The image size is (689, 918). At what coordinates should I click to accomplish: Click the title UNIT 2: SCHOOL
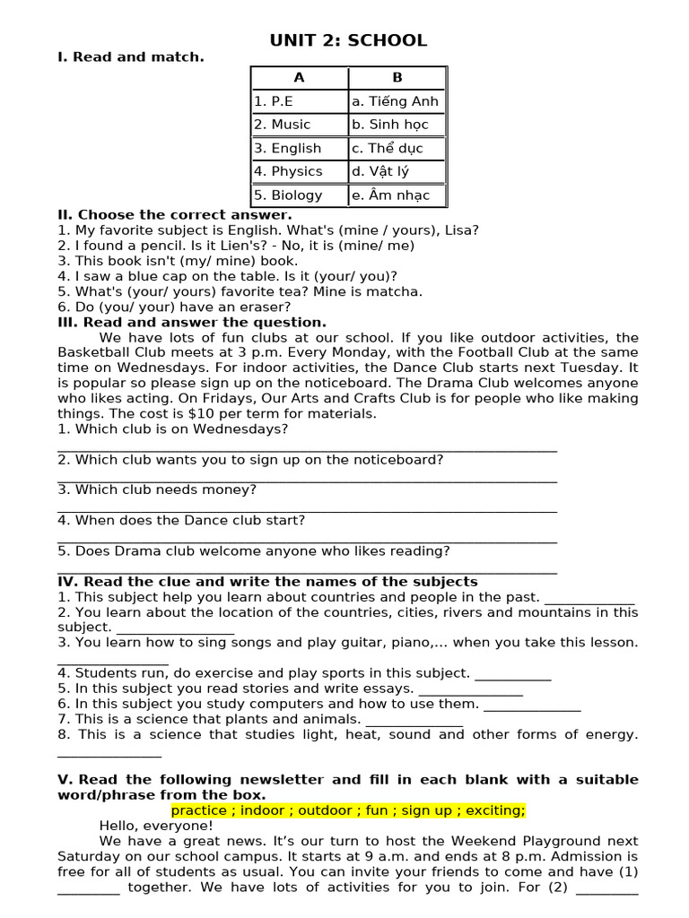[348, 40]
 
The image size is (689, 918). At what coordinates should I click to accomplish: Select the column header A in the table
[299, 78]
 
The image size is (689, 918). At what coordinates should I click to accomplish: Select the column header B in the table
[397, 78]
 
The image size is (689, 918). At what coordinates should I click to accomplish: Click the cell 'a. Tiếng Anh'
[395, 101]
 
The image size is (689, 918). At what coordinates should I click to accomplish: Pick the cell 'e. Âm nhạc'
[390, 195]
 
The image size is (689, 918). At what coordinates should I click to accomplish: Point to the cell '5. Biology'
[288, 195]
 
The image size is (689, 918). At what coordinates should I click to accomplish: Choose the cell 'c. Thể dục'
[387, 148]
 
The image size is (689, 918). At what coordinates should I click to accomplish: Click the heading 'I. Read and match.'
[131, 57]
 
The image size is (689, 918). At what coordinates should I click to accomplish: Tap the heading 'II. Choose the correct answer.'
[175, 215]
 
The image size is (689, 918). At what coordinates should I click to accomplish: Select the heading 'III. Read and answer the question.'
[192, 323]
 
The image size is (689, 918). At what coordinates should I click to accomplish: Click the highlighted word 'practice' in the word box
[199, 810]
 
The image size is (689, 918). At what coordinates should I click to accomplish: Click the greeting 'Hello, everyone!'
[156, 826]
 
